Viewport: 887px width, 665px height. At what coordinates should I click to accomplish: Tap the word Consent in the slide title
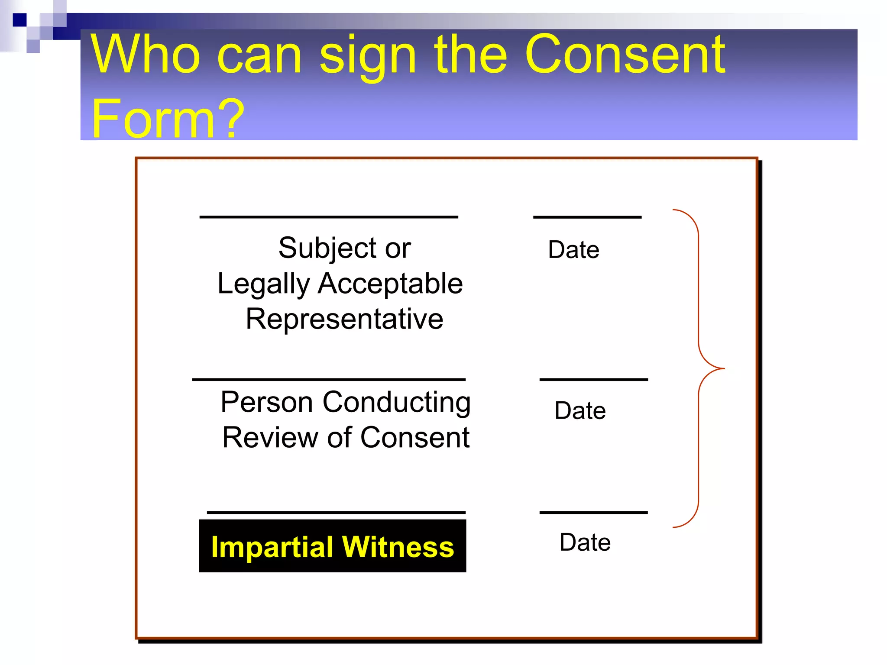pyautogui.click(x=625, y=55)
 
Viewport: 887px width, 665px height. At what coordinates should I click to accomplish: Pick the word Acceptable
pyautogui.click(x=390, y=284)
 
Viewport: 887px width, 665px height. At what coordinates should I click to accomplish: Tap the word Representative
pyautogui.click(x=344, y=319)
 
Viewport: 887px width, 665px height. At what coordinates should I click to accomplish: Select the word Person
pyautogui.click(x=267, y=402)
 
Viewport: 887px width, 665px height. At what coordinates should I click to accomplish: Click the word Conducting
pyautogui.click(x=396, y=403)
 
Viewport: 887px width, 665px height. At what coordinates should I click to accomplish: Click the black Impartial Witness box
pyautogui.click(x=332, y=546)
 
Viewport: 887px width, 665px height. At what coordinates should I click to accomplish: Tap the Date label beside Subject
pyautogui.click(x=573, y=250)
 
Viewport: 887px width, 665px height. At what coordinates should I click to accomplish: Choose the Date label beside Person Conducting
pyautogui.click(x=580, y=410)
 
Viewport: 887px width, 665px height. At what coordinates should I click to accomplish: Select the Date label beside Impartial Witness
pyautogui.click(x=585, y=542)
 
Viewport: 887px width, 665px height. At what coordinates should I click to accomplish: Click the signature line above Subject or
pyautogui.click(x=329, y=216)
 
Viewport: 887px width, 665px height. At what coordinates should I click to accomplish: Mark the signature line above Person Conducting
pyautogui.click(x=329, y=379)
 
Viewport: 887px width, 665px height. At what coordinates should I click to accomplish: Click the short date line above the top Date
pyautogui.click(x=587, y=217)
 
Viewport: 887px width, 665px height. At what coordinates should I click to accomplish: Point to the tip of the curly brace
pyautogui.click(x=723, y=368)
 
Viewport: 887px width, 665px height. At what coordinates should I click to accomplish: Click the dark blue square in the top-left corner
pyautogui.click(x=19, y=20)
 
